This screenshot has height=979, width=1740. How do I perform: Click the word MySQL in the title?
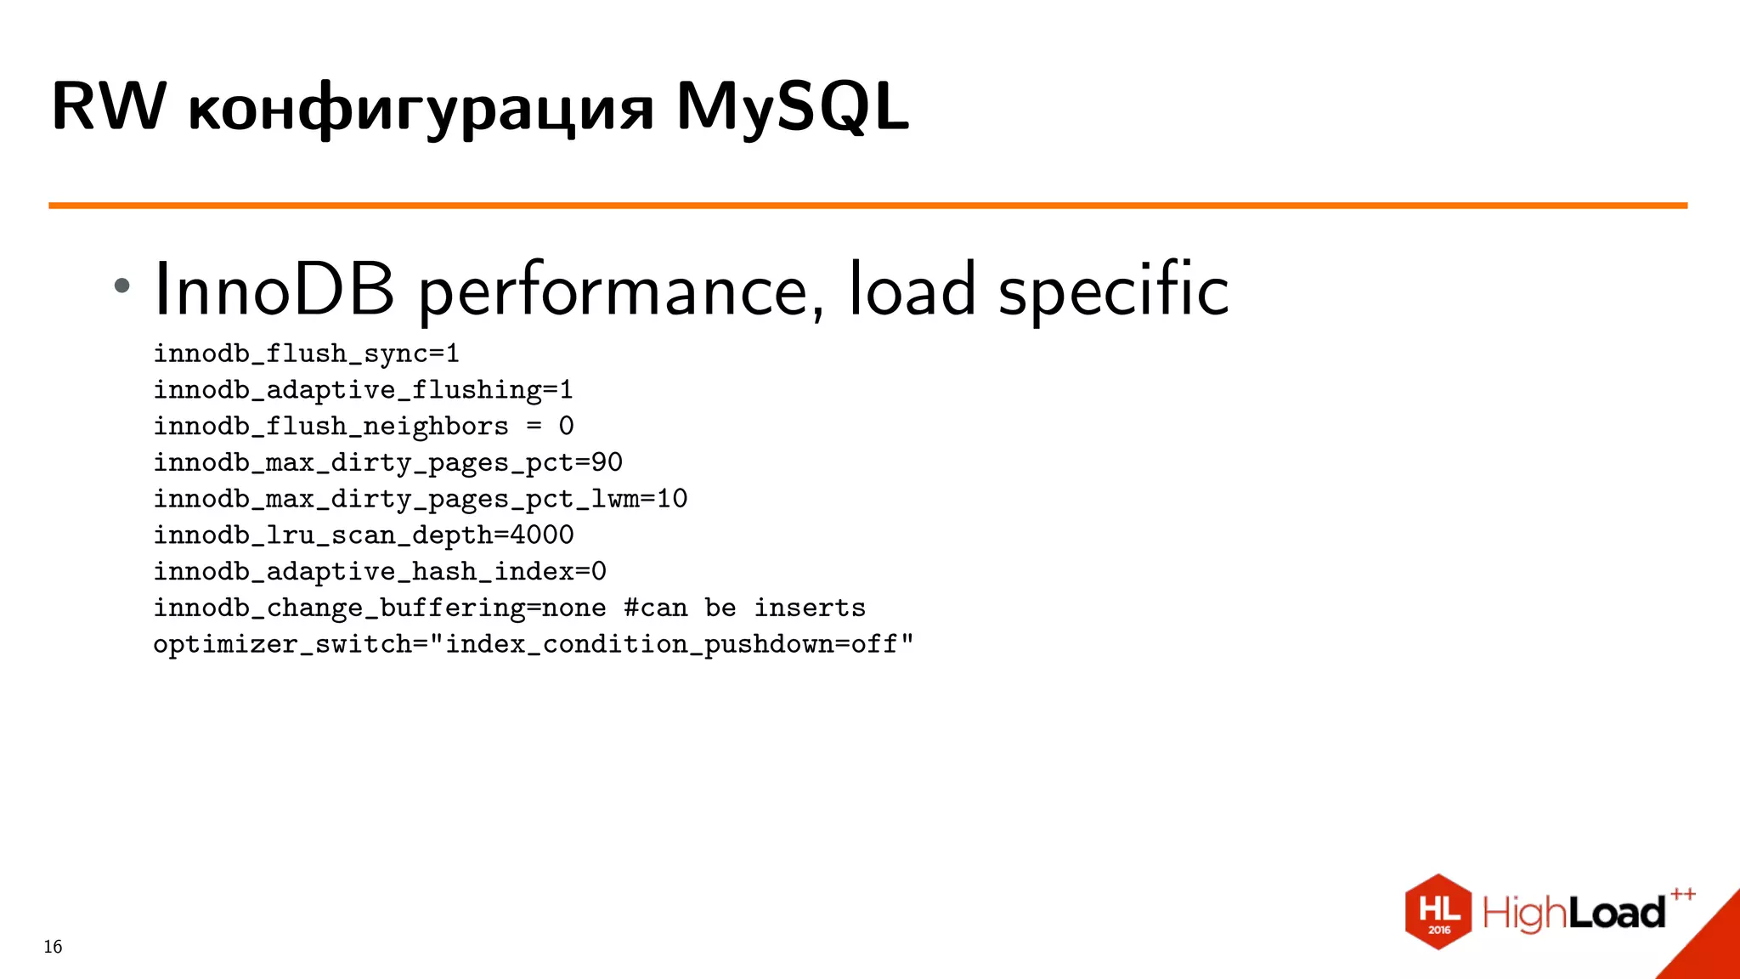pyautogui.click(x=792, y=108)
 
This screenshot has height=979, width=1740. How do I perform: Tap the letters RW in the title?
pyautogui.click(x=109, y=108)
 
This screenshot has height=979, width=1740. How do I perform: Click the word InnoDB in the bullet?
pyautogui.click(x=274, y=290)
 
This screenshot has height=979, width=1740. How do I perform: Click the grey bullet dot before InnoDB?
pyautogui.click(x=122, y=286)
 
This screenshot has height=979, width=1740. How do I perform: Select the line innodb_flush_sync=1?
pyautogui.click(x=306, y=354)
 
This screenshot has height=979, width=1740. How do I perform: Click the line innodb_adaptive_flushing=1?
pyautogui.click(x=363, y=390)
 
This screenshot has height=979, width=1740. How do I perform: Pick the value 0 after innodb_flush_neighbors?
pyautogui.click(x=566, y=426)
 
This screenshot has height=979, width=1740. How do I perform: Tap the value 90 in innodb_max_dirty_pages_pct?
pyautogui.click(x=607, y=462)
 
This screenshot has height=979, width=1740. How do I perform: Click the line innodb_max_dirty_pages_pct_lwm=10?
pyautogui.click(x=420, y=499)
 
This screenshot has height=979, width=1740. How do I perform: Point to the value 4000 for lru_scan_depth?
pyautogui.click(x=541, y=535)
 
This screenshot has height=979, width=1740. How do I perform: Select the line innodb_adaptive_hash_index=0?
pyautogui.click(x=379, y=572)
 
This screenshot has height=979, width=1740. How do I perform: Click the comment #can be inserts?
pyautogui.click(x=744, y=608)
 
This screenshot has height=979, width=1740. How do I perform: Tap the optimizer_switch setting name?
pyautogui.click(x=281, y=645)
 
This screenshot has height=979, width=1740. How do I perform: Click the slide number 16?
pyautogui.click(x=53, y=947)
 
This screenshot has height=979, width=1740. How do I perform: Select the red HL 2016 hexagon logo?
pyautogui.click(x=1438, y=912)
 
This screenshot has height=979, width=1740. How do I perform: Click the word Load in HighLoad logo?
pyautogui.click(x=1616, y=914)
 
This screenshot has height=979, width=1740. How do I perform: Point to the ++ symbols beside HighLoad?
pyautogui.click(x=1682, y=894)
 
